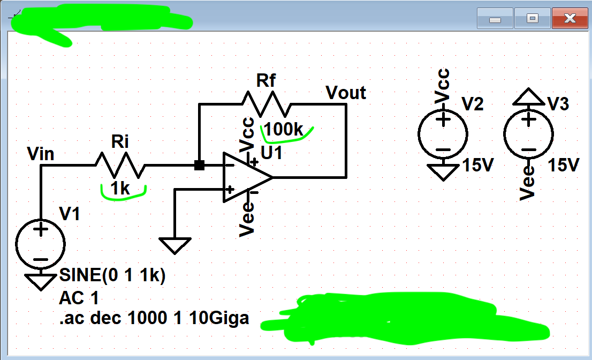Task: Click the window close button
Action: (x=570, y=19)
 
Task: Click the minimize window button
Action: (x=495, y=19)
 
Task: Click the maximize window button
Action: (x=532, y=19)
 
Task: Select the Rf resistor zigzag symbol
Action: (x=267, y=104)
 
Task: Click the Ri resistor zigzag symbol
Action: (x=120, y=165)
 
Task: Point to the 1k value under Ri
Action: (x=120, y=188)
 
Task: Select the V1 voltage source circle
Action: (x=41, y=244)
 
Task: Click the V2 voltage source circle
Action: (x=443, y=134)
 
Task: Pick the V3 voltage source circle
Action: (x=528, y=134)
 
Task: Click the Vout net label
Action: (x=346, y=93)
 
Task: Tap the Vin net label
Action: (x=41, y=154)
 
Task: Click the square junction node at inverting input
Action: (x=199, y=166)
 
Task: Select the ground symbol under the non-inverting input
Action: (x=175, y=246)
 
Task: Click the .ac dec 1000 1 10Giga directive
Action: (x=154, y=318)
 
